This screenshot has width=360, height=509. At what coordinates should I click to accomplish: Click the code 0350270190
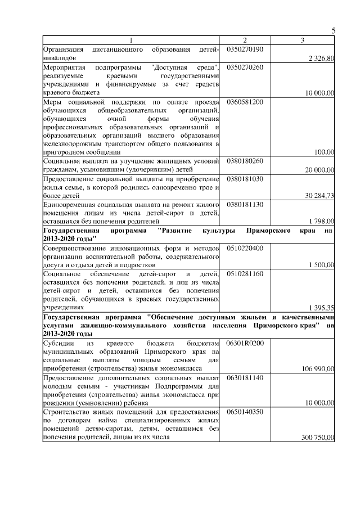pyautogui.click(x=245, y=49)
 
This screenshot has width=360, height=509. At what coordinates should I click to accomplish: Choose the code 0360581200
pyautogui.click(x=245, y=102)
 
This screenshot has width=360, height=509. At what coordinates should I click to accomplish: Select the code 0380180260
pyautogui.click(x=245, y=161)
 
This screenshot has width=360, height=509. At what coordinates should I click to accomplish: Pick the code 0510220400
pyautogui.click(x=245, y=247)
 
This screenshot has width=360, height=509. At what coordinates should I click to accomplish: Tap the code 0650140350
pyautogui.click(x=245, y=412)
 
